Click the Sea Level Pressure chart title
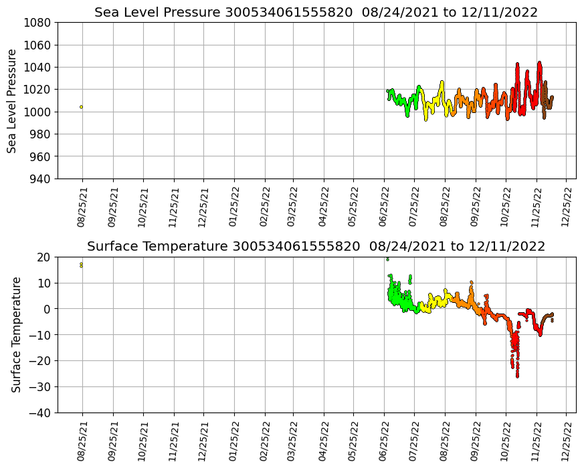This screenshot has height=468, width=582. click(316, 13)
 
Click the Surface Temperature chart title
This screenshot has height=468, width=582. click(316, 247)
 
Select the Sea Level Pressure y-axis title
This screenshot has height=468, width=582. click(13, 100)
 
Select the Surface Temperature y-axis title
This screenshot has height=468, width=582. click(17, 334)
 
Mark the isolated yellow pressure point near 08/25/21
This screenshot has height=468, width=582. click(81, 107)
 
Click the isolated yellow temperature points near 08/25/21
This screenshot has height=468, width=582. click(81, 265)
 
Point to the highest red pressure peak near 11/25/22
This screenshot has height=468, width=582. click(539, 64)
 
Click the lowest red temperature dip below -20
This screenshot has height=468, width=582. click(517, 375)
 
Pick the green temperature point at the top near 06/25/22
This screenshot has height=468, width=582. click(387, 259)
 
